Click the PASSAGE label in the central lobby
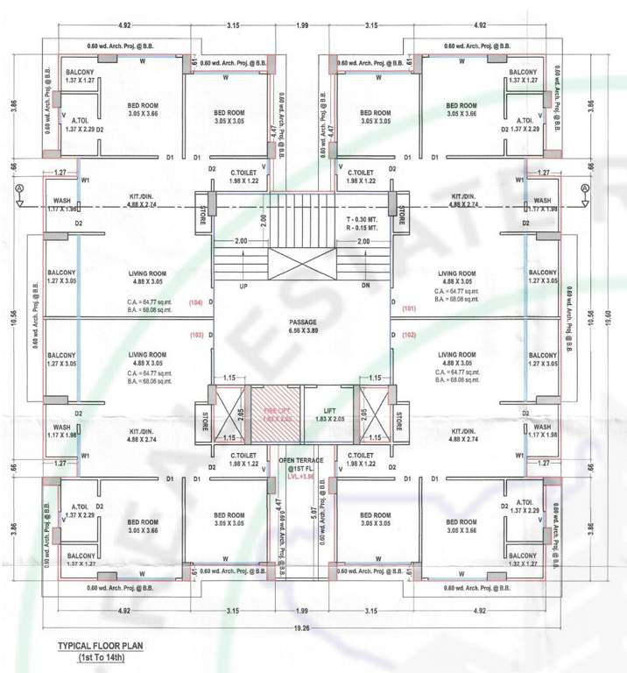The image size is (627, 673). (302, 322)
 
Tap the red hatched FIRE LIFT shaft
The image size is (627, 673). (276, 410)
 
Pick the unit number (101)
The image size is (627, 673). (409, 308)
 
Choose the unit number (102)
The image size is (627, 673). (409, 335)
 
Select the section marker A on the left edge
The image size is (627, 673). (19, 189)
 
